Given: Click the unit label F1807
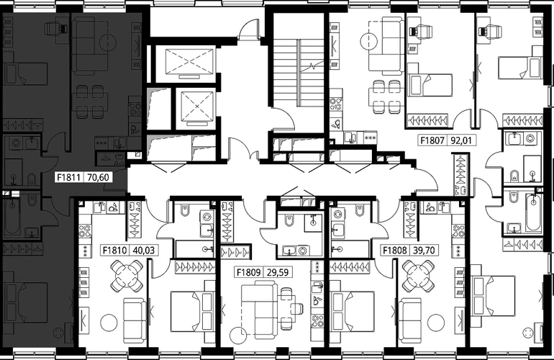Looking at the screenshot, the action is click(x=432, y=140).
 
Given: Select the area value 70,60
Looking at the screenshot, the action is click(x=98, y=177).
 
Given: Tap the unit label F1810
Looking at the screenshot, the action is click(x=114, y=251).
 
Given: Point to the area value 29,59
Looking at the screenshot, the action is click(x=277, y=272).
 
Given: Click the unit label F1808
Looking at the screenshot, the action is click(x=395, y=251).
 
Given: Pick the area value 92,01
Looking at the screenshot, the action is click(x=461, y=140).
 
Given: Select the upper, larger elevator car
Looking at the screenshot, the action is click(x=189, y=61).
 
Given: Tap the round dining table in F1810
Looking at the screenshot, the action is click(x=127, y=276).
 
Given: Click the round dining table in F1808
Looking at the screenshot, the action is click(x=418, y=276).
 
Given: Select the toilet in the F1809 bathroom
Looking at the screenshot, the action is click(x=289, y=220).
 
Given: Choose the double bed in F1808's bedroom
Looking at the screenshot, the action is click(x=352, y=311).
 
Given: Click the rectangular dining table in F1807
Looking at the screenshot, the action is click(x=384, y=96).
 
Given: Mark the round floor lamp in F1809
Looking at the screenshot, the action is click(x=237, y=336).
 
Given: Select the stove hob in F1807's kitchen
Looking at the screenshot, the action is click(x=336, y=104).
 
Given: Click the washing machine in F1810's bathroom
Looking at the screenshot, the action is click(x=206, y=217).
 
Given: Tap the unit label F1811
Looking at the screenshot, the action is click(x=69, y=177).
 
